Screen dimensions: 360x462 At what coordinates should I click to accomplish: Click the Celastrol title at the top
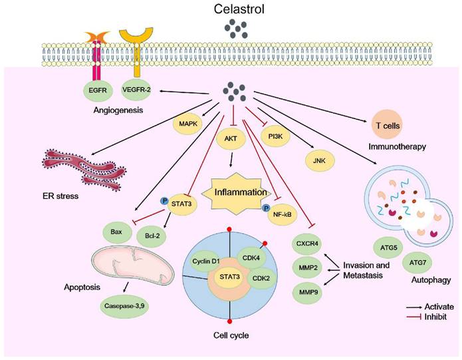tap(231, 11)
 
